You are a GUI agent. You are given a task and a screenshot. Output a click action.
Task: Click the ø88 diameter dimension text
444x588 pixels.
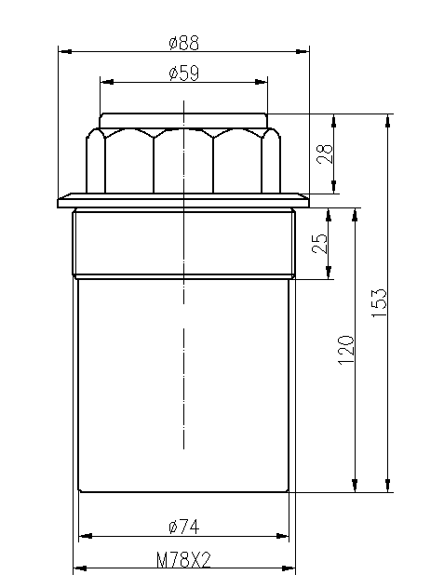coord(183,43)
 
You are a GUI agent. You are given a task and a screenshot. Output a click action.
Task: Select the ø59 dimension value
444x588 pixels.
coord(183,74)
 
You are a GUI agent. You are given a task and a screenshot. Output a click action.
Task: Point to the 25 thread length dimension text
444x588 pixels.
coord(320,243)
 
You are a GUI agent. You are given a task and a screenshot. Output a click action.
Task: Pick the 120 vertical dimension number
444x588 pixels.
coord(345,349)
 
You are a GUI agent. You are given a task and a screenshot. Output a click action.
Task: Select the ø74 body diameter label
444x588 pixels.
coord(184,527)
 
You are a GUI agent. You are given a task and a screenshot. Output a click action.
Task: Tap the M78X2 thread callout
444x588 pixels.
coord(183,560)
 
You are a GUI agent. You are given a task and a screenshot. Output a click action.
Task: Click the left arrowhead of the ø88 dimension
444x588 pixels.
coord(64,52)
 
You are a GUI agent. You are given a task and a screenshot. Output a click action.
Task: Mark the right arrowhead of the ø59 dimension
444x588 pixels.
coord(262,83)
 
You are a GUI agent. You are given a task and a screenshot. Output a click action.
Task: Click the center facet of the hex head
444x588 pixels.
coord(183,163)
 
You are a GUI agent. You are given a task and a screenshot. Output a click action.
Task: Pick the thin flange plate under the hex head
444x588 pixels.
coord(183,201)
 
